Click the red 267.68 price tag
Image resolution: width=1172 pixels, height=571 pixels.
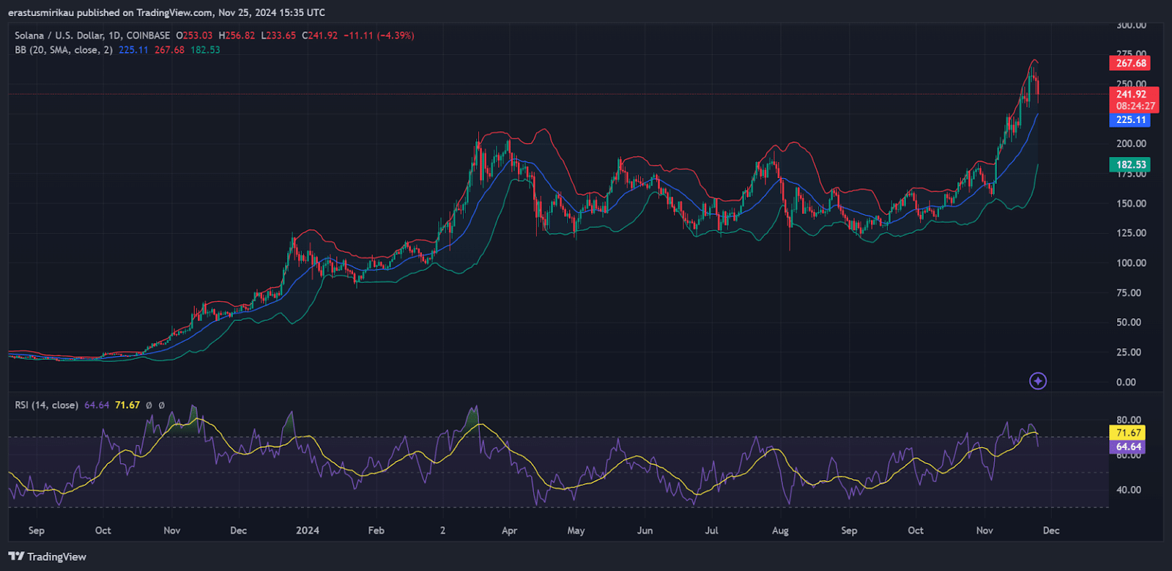pos(1130,64)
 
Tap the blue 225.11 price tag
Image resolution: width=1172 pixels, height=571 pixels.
pos(1130,120)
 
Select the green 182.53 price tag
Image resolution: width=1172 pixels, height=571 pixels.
pos(1130,165)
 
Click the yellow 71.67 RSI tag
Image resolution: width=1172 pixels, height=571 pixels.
pos(1128,433)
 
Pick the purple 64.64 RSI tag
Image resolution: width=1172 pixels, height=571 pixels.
pos(1128,446)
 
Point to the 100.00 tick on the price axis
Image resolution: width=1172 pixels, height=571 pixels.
pos(1131,263)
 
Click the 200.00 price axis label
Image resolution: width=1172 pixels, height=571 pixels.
pos(1131,144)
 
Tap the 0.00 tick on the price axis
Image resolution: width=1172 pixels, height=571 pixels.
pos(1126,382)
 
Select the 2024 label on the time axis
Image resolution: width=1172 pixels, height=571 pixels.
pos(307,531)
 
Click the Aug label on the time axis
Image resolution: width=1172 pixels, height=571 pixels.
pos(780,531)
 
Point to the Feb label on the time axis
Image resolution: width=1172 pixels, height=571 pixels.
pos(376,531)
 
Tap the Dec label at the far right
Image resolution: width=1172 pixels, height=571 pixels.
pos(1051,531)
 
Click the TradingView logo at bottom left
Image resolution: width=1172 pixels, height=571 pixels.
pos(48,557)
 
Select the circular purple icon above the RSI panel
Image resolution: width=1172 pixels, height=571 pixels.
pos(1038,381)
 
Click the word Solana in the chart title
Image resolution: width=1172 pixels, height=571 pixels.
pos(29,35)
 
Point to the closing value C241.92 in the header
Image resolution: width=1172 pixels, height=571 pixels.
pos(320,35)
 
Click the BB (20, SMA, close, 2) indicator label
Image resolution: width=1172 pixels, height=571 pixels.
pos(64,50)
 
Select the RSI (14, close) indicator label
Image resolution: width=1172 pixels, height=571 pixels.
pos(46,405)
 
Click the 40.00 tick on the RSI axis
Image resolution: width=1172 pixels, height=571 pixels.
pos(1129,490)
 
